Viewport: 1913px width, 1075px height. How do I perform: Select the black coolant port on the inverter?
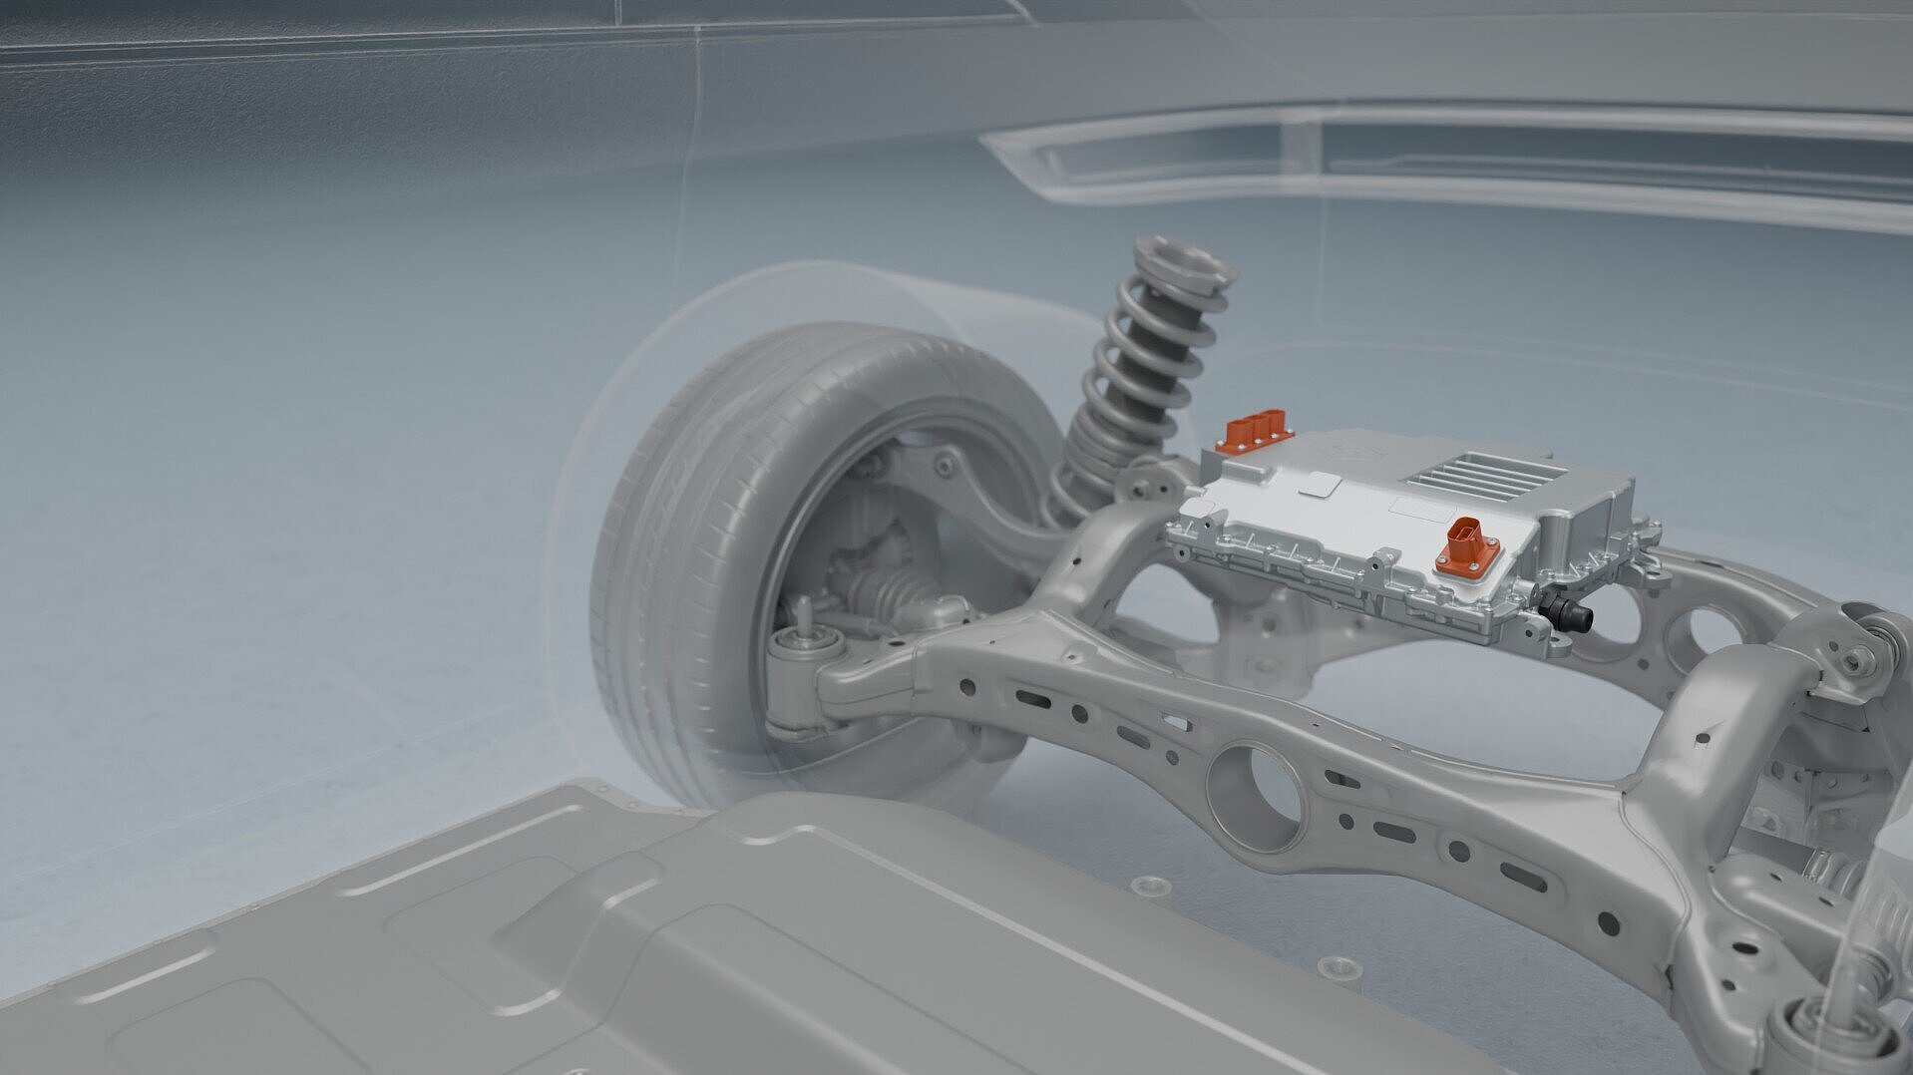pos(1569,612)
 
